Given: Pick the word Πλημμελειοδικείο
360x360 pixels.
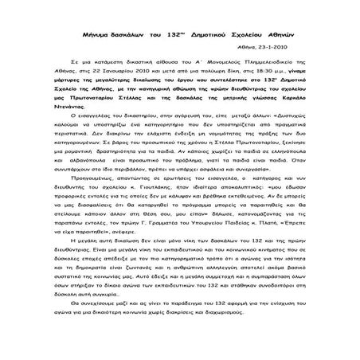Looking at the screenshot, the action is pos(252,65).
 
